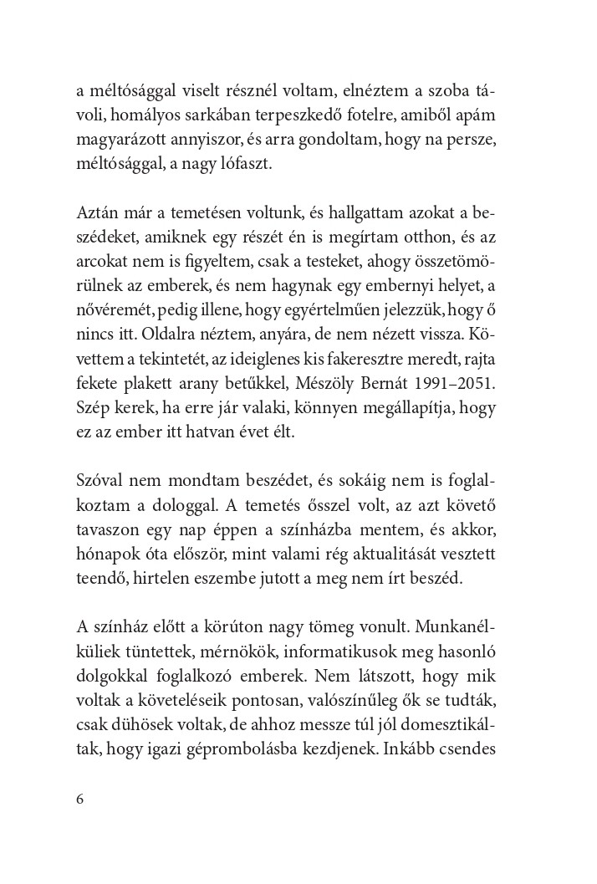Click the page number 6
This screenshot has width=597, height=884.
[x=79, y=799]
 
